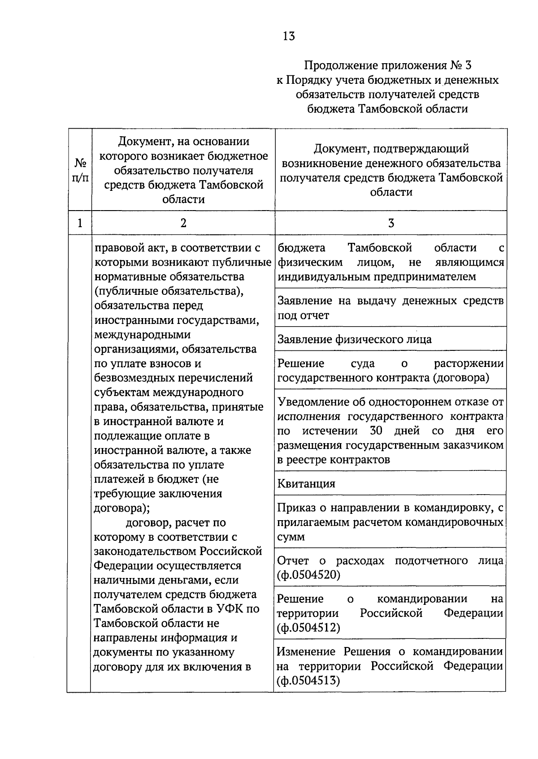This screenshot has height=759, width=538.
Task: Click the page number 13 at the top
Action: (x=289, y=36)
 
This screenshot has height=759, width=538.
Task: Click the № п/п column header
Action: (x=80, y=170)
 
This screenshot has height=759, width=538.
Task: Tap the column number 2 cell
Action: (x=183, y=223)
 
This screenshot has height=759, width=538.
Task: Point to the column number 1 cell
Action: (x=80, y=223)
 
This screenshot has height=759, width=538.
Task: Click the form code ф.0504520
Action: (x=309, y=575)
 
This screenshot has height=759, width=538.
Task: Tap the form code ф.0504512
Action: (x=309, y=628)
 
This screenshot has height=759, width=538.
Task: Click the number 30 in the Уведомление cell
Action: (x=376, y=431)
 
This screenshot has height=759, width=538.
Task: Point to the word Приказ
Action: (x=295, y=508)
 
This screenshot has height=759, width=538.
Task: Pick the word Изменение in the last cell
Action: (x=306, y=651)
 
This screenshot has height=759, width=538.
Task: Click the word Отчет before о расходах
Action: (x=293, y=561)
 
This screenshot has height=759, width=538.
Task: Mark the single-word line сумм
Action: (x=291, y=537)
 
